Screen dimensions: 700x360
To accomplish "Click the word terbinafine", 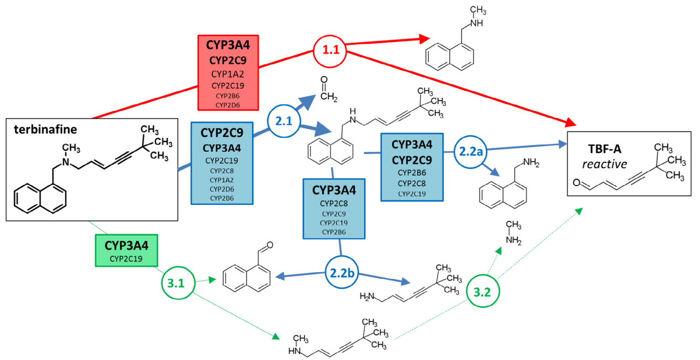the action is [x=45, y=129].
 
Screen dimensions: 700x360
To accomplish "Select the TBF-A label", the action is [x=604, y=149].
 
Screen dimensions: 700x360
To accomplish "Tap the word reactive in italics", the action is [x=604, y=164].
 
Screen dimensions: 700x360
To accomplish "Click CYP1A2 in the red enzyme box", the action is [x=228, y=74].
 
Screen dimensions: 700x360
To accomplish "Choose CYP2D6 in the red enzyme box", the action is [x=228, y=105].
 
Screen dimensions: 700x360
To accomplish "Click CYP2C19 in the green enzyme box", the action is [x=127, y=258].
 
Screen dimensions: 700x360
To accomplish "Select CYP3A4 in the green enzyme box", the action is [x=127, y=245].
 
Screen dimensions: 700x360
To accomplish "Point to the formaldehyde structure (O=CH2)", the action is [x=328, y=89].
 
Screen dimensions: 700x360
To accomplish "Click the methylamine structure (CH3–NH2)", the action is [x=514, y=232].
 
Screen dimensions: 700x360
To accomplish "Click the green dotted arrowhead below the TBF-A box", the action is [x=579, y=211].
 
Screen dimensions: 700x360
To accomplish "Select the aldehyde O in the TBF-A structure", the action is [x=577, y=182].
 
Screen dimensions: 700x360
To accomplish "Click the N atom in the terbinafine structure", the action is [x=66, y=162].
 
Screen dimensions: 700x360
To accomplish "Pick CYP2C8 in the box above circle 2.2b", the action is [x=334, y=204].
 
